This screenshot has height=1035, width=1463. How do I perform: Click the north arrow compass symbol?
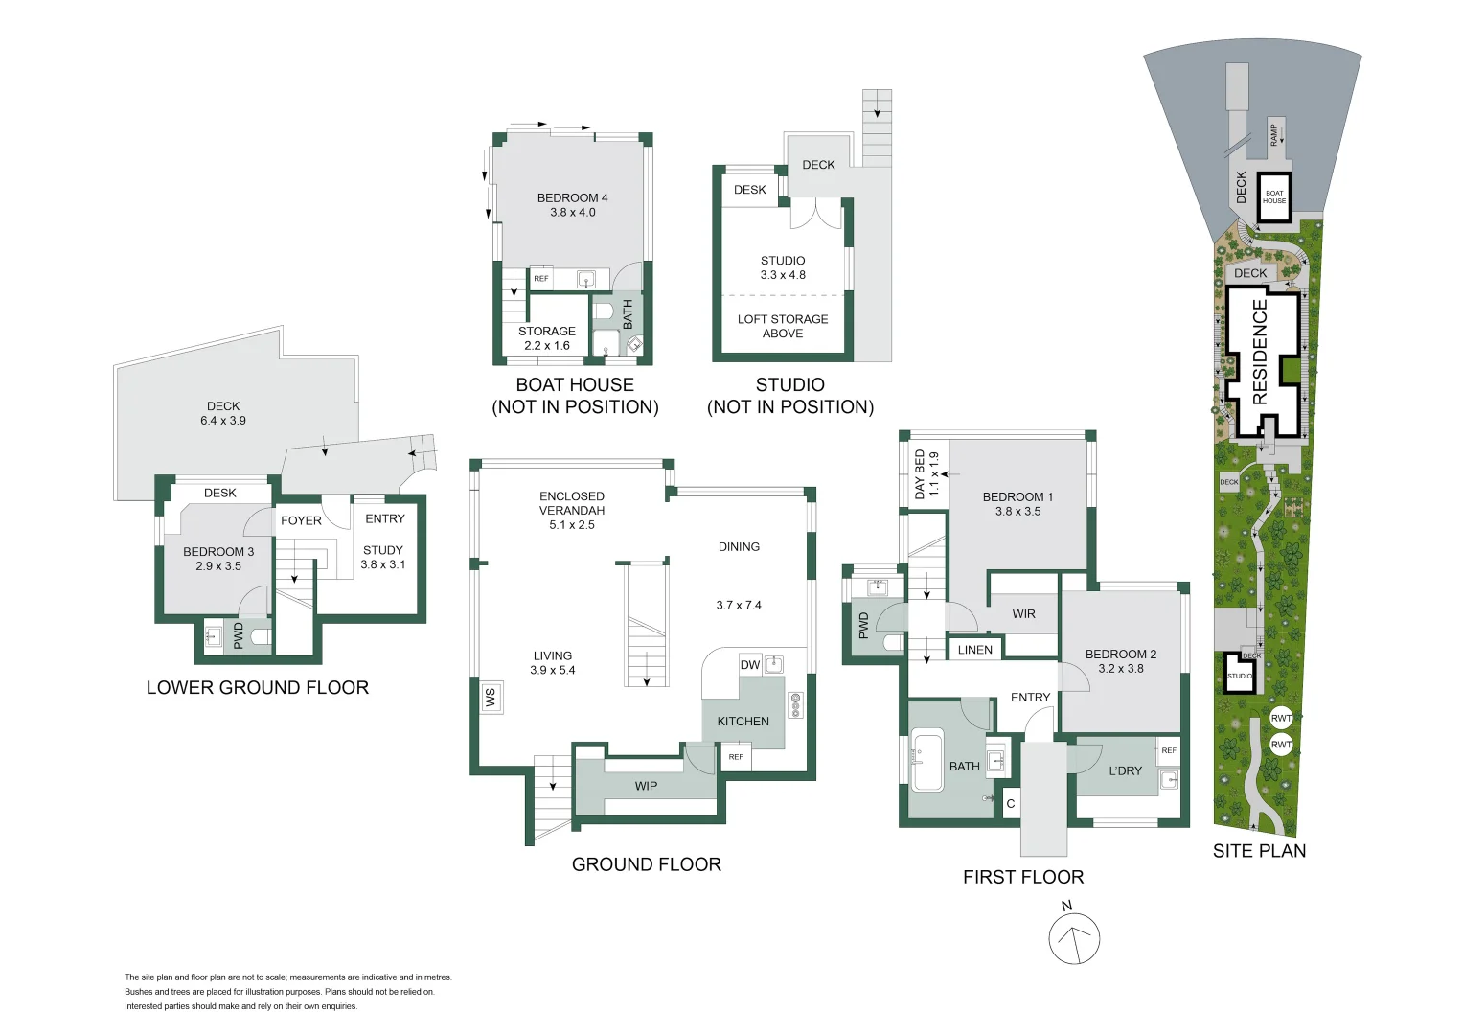(1074, 939)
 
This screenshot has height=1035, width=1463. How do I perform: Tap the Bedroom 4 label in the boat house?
(572, 205)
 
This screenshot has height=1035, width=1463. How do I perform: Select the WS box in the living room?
(491, 697)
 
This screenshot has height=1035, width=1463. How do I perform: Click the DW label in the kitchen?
(750, 665)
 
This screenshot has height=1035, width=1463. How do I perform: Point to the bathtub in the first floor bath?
(927, 761)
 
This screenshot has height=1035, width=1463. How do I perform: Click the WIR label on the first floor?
(1023, 614)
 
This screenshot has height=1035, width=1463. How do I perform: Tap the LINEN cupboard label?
(975, 650)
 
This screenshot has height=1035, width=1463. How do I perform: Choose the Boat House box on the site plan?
(1274, 197)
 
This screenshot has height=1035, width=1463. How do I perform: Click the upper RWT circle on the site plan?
(1281, 718)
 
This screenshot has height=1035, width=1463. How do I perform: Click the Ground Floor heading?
(646, 864)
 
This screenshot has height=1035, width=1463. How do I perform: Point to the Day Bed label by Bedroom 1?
(926, 473)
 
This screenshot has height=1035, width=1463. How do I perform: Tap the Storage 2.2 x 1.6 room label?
(547, 338)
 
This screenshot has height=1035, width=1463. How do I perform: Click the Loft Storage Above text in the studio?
(783, 326)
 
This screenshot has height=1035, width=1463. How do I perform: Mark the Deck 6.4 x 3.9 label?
(223, 413)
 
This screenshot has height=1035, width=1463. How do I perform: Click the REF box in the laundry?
(1169, 750)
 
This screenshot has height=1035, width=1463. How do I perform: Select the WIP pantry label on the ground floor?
(646, 786)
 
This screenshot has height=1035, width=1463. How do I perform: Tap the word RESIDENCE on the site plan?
(1259, 352)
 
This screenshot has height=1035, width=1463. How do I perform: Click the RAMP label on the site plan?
(1273, 134)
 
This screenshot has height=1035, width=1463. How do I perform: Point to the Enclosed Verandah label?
(572, 510)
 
